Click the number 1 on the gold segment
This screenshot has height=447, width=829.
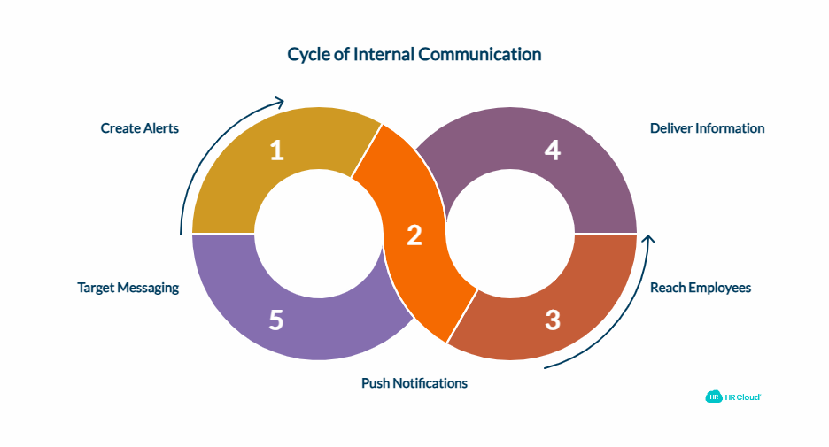(x=277, y=150)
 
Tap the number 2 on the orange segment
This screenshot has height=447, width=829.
(x=414, y=235)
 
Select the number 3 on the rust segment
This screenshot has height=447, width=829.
(x=553, y=320)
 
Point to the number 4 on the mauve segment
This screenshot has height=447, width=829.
(x=553, y=150)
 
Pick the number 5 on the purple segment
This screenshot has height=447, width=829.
(x=276, y=320)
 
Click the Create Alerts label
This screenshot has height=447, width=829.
(x=140, y=128)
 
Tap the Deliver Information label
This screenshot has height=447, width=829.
(x=707, y=128)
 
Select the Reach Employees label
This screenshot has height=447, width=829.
(x=701, y=288)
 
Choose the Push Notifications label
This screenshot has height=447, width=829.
(x=414, y=383)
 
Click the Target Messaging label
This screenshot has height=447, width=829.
(x=128, y=288)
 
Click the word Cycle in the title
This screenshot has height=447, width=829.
(x=308, y=54)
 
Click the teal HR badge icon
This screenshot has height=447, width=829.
(x=713, y=397)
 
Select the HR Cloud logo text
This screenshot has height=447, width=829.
(x=743, y=397)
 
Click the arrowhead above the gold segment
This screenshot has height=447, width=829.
(x=279, y=101)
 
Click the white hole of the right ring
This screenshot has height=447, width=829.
(x=511, y=234)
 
